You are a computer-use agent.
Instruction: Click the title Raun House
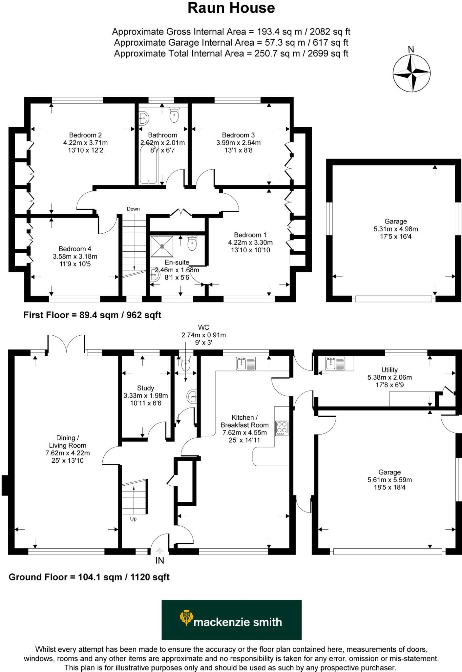pos(231,8)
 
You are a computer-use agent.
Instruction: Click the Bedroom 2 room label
pos(85,135)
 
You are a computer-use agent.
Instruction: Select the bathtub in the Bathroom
pos(149,164)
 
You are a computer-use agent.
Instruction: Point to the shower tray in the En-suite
pos(162,246)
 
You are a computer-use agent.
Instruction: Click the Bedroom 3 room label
pos(238,135)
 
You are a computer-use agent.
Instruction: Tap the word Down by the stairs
pos(133,209)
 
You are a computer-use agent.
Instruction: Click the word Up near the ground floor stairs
pos(133,519)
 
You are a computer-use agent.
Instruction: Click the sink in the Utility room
pos(335,364)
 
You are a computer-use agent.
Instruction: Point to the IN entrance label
pos(160,560)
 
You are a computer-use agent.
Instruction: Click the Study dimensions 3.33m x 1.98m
pos(145,396)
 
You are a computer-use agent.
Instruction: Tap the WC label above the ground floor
pos(203,327)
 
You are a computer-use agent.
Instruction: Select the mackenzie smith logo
pos(231,620)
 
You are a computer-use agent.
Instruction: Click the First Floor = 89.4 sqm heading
pos(92,315)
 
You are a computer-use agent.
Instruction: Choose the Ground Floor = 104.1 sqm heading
pos(89,577)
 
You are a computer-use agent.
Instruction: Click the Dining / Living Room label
pos(68,442)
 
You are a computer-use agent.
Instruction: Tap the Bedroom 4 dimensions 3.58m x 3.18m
pos(75,256)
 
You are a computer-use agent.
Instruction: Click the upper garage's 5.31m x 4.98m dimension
pos(396,229)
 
